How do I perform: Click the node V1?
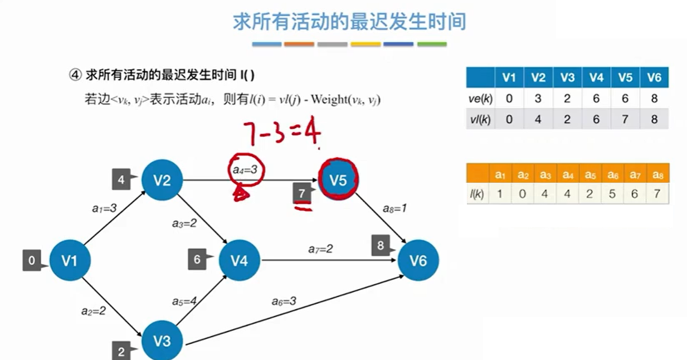click(70, 260)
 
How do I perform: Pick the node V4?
click(239, 260)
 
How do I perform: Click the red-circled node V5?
click(338, 180)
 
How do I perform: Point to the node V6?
click(418, 260)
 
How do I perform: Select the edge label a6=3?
click(284, 301)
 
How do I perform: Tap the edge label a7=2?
click(320, 249)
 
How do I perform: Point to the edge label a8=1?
click(394, 209)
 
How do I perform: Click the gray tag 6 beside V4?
click(197, 260)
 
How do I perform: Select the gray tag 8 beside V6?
click(381, 245)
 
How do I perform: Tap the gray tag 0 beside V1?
click(32, 260)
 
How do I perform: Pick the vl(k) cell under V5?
click(625, 119)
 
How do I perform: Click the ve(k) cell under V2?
click(538, 99)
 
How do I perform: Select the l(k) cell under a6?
click(612, 194)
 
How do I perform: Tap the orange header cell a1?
click(500, 174)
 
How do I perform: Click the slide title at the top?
click(349, 22)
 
